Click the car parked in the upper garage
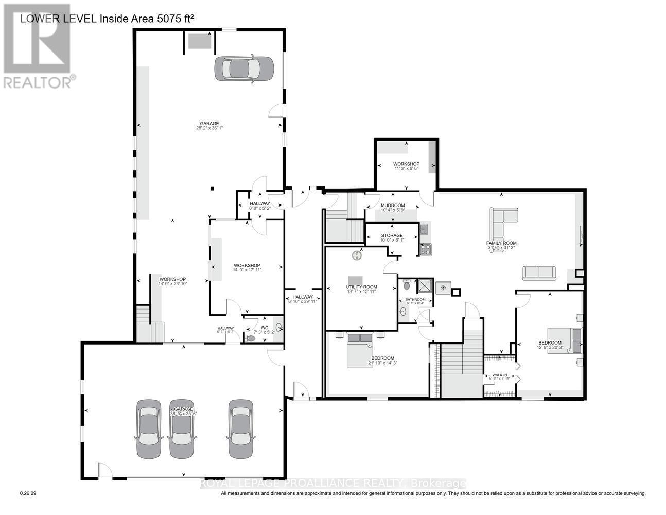coord(244,67)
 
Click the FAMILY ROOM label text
coord(501,243)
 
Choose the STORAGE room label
coord(392,236)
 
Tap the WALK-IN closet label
coord(500,375)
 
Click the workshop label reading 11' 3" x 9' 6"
coord(406,164)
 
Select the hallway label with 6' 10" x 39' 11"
coord(303,297)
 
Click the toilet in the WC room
coord(251,338)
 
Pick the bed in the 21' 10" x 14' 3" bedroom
coord(360,350)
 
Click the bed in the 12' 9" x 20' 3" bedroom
coord(565,340)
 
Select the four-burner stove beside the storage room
coord(426,250)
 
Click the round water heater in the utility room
coord(358,254)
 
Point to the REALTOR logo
coord(37,46)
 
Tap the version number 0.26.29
coord(28,493)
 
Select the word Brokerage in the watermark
coord(439,484)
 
